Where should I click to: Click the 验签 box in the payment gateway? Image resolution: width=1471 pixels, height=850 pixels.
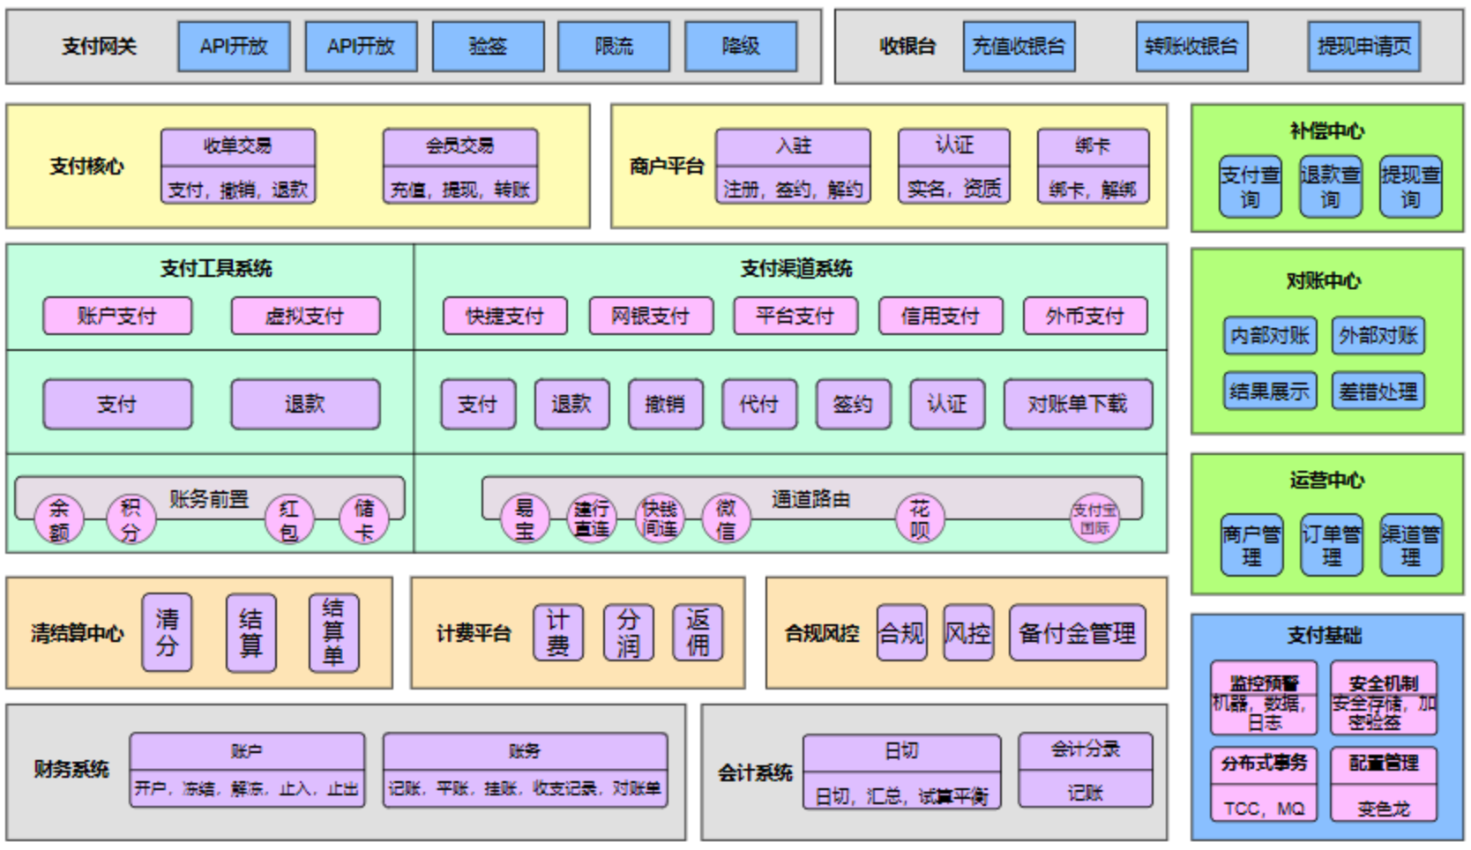coord(488,47)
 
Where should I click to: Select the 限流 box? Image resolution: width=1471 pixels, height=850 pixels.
coord(614,47)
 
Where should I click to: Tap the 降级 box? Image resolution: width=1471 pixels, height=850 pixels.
coord(741,47)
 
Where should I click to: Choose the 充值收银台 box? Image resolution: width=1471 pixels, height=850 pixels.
coord(1019,47)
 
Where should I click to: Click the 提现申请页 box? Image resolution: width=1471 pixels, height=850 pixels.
coord(1363,47)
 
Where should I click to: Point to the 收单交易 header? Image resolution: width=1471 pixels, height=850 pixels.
coord(238,146)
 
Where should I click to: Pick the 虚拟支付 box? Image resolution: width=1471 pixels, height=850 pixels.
coord(305,316)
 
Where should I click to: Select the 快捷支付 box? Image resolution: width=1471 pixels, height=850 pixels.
coord(504,316)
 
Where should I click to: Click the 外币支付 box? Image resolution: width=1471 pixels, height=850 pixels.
coord(1085,316)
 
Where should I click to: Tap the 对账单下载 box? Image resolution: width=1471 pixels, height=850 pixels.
coord(1078,404)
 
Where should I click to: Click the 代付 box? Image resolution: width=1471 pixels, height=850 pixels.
coord(758,404)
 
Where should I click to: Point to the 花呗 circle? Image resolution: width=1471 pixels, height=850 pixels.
coord(920,519)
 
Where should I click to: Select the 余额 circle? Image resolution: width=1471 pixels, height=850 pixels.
coord(59,519)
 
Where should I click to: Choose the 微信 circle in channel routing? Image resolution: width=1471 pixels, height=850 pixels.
coord(726,519)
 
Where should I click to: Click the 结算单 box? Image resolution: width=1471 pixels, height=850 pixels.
coord(333,632)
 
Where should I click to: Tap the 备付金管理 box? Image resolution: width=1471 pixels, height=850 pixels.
coord(1077,632)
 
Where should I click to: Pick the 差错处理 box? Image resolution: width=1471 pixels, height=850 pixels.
coord(1378,391)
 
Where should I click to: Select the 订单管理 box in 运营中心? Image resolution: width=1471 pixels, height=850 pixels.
coord(1331,545)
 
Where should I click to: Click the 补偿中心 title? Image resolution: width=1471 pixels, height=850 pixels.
coord(1326,131)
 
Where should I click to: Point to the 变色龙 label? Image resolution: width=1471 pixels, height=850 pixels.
coord(1383,808)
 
